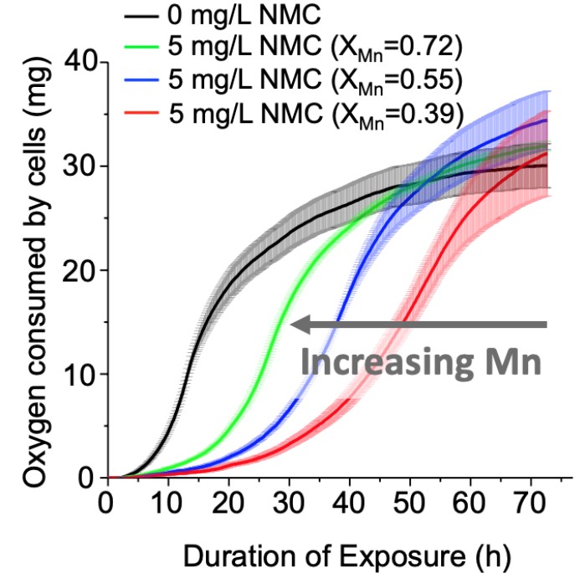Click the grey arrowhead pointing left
point(298,325)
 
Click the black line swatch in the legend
point(142,16)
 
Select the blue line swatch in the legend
point(142,80)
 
